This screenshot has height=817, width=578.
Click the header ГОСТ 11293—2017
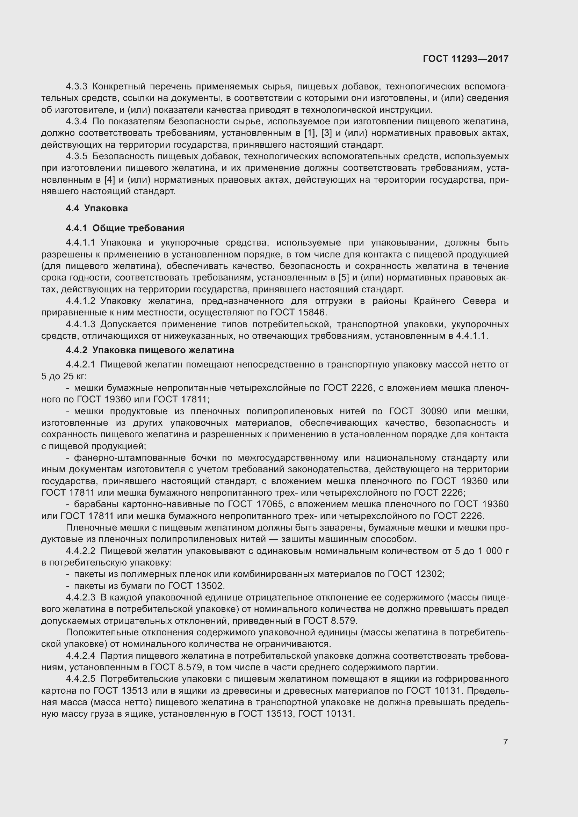[465, 59]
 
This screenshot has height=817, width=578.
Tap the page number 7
[505, 742]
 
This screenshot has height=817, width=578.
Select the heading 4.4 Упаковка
[97, 208]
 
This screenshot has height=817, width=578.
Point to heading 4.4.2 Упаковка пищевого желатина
[150, 350]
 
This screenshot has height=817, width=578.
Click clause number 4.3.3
[77, 87]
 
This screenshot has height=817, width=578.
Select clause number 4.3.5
[77, 156]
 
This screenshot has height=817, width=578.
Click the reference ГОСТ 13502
[196, 586]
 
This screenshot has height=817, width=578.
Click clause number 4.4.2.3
[81, 597]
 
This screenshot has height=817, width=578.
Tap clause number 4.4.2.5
[81, 679]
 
